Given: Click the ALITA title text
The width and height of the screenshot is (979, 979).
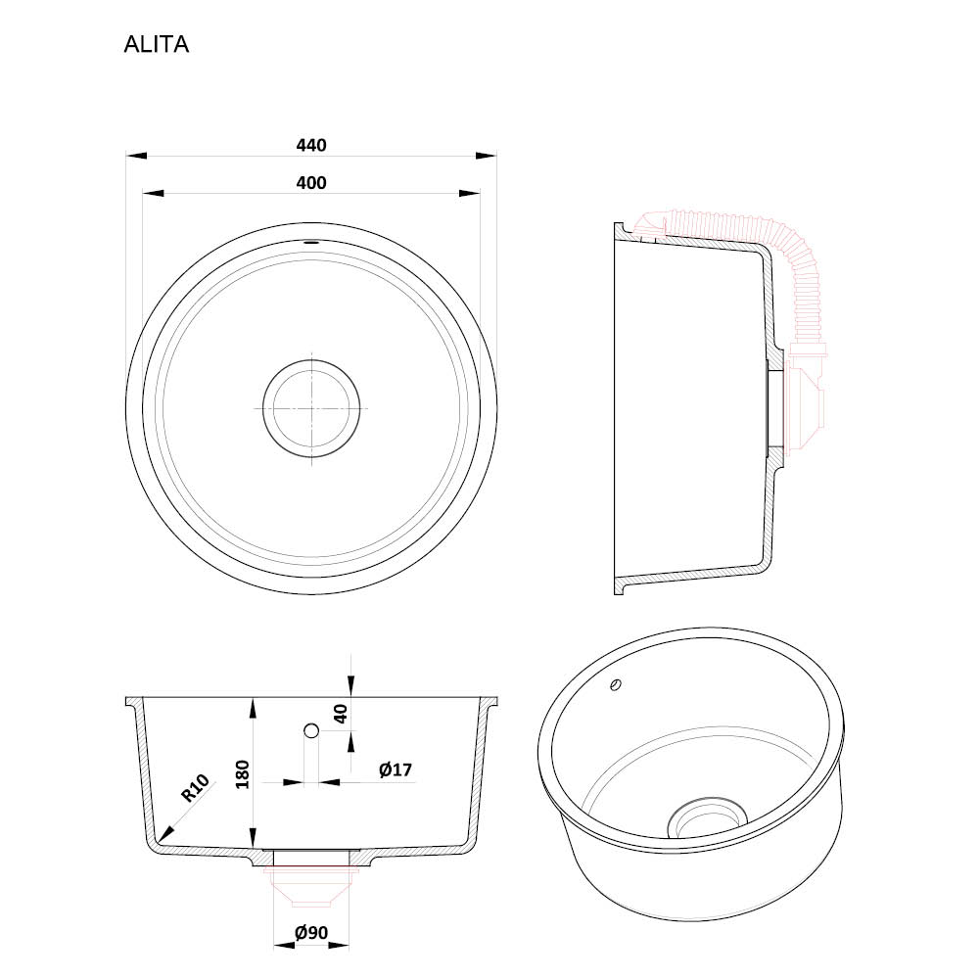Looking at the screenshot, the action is point(156,44).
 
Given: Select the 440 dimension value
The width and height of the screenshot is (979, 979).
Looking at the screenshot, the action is point(311,146).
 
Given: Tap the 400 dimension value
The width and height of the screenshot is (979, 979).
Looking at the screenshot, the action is point(311,183).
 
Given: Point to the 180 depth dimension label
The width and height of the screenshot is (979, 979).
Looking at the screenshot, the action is point(242,774).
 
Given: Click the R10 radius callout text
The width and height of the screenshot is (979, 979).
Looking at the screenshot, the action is point(195,788).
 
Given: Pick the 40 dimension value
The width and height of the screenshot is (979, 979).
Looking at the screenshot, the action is point(341,713).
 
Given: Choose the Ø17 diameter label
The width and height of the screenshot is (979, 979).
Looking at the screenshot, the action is point(396,769).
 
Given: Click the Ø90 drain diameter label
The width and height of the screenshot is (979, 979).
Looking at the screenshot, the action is point(311,933).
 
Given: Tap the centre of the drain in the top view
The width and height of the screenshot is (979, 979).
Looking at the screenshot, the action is point(311,408).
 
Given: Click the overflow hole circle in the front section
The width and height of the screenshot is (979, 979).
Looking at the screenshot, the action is point(311,730).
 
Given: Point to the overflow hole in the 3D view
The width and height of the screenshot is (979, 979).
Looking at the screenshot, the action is point(616,685).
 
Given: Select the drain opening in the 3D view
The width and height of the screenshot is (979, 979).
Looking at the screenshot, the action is point(708,818).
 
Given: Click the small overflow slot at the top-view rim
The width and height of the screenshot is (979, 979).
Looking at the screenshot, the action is point(311,241).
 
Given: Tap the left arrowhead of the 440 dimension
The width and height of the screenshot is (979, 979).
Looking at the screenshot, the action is point(136,156).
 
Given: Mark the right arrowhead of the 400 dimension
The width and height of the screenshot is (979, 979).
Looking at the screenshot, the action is point(470,194).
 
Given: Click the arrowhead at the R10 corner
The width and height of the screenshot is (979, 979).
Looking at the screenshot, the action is point(165,833).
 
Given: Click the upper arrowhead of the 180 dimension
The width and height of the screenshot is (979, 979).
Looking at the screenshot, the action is point(253,709).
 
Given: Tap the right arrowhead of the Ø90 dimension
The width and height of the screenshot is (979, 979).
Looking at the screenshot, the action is point(339,946).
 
